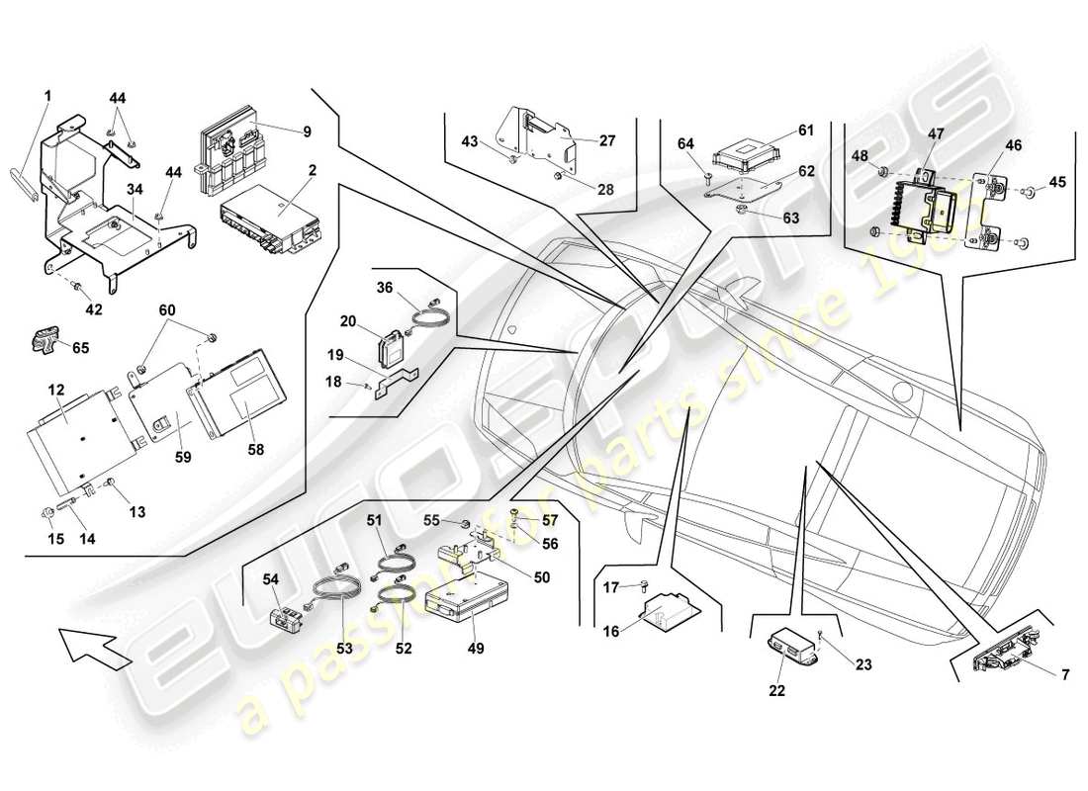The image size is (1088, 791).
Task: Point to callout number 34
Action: tap(135, 189)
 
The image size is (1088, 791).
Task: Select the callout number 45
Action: tap(1058, 182)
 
